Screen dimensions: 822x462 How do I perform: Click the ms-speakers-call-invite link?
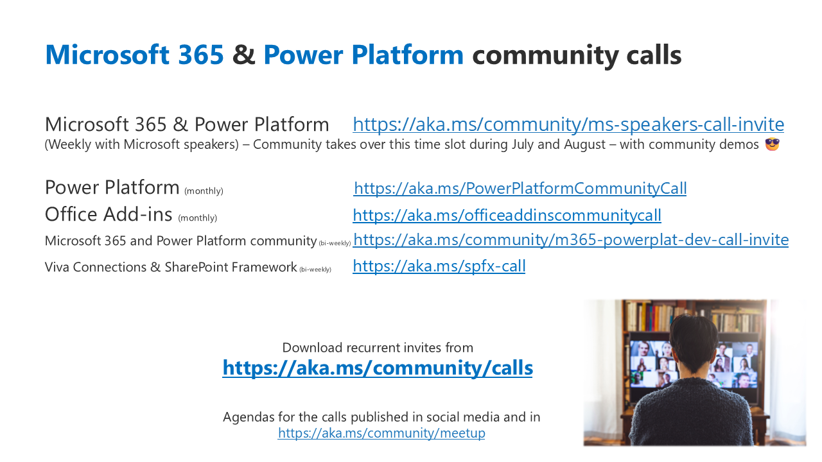point(568,124)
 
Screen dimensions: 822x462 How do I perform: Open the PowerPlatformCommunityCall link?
point(520,188)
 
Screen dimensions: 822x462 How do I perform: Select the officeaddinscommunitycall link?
point(507,215)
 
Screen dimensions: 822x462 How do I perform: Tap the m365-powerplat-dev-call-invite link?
point(571,240)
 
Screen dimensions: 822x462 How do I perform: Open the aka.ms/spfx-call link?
point(439,266)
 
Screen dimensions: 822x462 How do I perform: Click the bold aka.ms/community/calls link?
point(378,368)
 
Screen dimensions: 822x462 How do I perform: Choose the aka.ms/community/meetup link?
point(381,433)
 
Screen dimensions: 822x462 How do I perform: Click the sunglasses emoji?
point(772,144)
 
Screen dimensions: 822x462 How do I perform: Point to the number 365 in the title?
point(201,55)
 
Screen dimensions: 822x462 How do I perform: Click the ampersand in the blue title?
point(243,55)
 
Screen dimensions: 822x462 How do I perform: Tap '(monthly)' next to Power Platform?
point(204,191)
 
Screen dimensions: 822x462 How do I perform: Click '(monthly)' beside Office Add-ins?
point(197,218)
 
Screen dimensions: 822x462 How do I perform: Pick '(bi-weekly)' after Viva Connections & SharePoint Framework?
point(315,269)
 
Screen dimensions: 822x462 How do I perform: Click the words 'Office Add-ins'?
point(109,214)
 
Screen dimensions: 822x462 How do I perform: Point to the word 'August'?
point(584,144)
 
